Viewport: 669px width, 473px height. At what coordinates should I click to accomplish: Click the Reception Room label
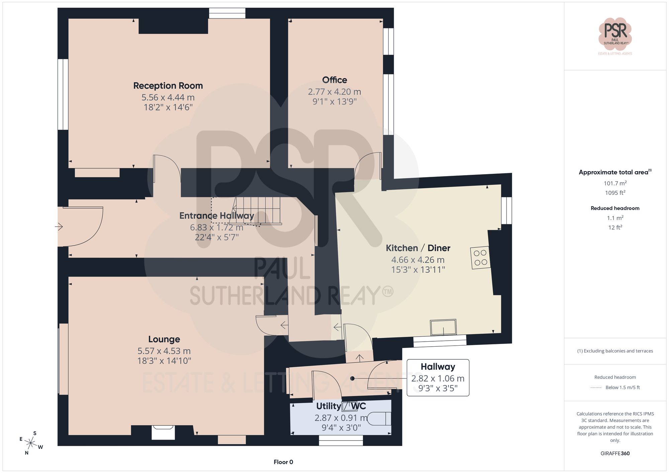[168, 86]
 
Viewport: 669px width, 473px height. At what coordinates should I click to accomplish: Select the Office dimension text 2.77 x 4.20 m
[334, 92]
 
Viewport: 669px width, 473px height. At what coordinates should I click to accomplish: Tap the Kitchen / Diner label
[418, 248]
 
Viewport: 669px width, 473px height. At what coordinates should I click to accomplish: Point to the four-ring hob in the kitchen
[480, 258]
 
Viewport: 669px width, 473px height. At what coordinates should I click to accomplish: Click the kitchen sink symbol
[443, 327]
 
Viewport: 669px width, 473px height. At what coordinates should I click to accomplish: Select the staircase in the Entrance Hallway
[258, 211]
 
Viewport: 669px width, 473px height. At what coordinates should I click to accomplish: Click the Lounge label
[164, 339]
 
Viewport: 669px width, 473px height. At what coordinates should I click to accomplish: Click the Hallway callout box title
[438, 367]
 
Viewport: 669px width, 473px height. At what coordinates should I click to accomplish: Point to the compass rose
[31, 443]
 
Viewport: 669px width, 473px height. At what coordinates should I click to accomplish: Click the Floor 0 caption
[283, 462]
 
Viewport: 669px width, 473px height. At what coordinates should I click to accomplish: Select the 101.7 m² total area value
[615, 183]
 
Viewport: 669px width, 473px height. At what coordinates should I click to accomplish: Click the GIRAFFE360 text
[615, 453]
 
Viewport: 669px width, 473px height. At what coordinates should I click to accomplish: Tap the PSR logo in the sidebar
[615, 33]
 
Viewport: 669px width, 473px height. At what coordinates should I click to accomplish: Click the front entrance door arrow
[59, 227]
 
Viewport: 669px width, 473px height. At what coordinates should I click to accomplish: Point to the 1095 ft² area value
[615, 193]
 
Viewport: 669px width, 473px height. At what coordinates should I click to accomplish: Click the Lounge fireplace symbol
[163, 432]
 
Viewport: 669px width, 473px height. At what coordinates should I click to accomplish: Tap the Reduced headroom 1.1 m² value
[615, 218]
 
